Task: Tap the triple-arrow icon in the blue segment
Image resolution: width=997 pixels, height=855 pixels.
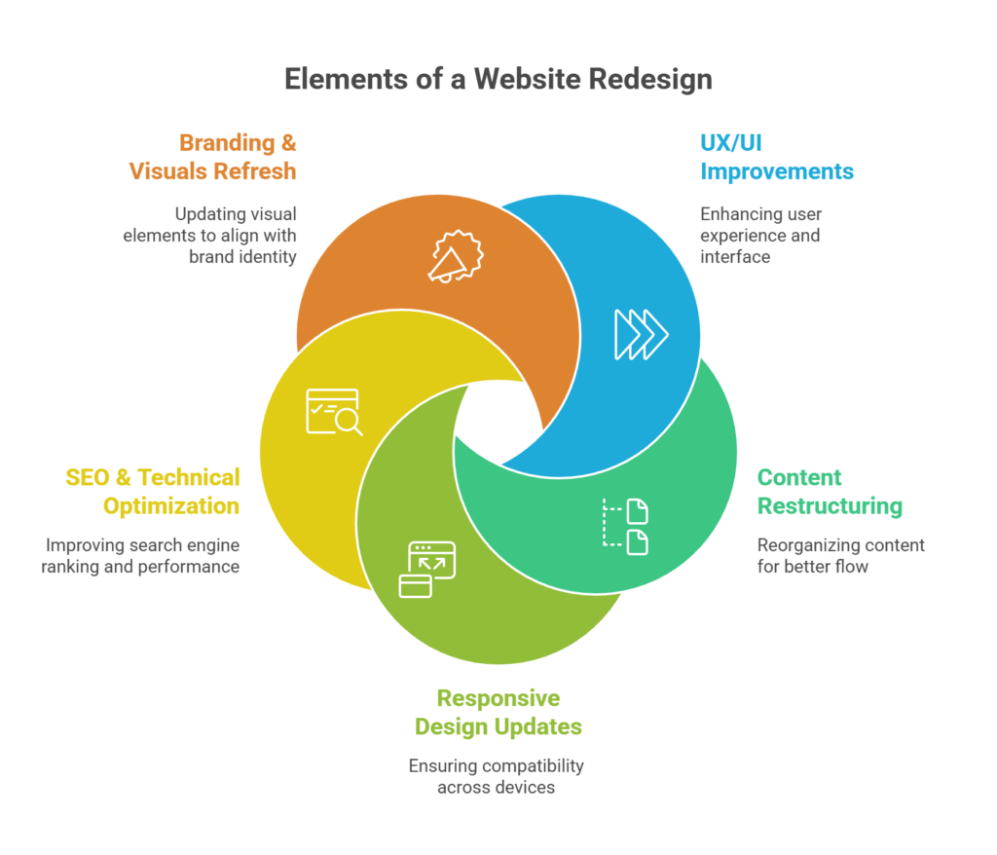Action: coord(641,334)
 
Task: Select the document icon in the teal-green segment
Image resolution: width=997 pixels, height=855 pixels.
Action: coord(626,526)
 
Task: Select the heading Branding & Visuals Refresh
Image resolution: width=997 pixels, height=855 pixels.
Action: coord(213,157)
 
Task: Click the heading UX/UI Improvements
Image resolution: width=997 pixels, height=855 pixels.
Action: coord(776,157)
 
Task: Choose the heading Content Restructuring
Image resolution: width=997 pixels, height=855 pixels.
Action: coord(830,492)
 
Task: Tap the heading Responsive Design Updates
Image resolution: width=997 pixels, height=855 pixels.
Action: coord(498,712)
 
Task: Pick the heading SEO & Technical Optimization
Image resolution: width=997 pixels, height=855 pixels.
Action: coord(152,492)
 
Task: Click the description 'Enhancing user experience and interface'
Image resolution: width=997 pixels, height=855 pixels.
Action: coord(759,235)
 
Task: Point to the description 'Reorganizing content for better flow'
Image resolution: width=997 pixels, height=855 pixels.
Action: coord(840,555)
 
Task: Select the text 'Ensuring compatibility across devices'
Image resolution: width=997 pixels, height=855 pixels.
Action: coord(496,776)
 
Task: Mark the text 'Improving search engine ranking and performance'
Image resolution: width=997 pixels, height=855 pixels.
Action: coord(141,555)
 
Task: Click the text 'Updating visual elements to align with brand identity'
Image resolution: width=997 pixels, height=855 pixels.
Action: coord(209,235)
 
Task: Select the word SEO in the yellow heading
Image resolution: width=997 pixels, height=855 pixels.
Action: coord(87,477)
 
